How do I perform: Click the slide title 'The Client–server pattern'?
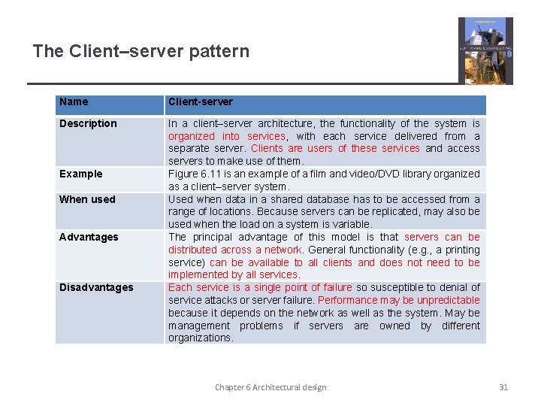[141, 51]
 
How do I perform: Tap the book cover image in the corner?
[485, 50]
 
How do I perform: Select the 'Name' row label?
[74, 101]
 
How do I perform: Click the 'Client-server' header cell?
[201, 101]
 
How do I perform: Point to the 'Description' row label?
[88, 123]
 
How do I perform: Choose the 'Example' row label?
[80, 174]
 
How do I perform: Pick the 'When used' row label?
[87, 199]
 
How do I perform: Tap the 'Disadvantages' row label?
[96, 287]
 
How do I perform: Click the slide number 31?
[503, 387]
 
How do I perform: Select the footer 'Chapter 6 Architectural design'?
[270, 387]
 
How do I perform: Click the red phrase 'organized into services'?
[226, 136]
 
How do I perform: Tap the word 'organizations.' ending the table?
[201, 338]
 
